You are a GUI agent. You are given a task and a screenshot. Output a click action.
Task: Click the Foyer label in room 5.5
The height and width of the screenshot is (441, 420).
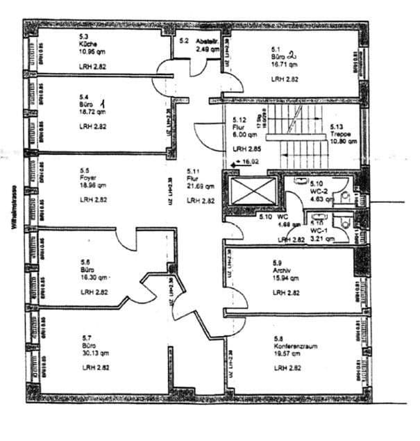point(87,177)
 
